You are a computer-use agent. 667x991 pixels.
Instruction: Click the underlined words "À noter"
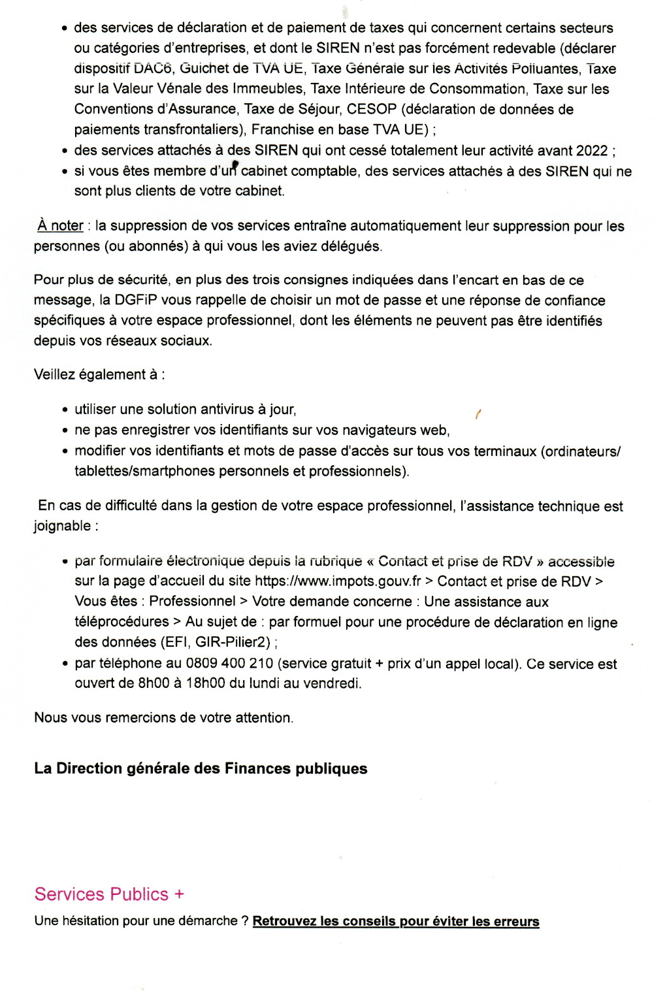[x=61, y=226]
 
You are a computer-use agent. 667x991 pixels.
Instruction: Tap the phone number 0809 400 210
[x=229, y=664]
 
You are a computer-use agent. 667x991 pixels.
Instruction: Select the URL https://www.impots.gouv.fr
[x=338, y=581]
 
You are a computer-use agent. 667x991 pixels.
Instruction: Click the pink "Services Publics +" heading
[x=109, y=894]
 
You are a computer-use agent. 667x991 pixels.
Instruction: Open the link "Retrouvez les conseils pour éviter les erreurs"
[x=396, y=921]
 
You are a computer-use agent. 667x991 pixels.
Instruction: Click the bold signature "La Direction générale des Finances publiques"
[x=201, y=769]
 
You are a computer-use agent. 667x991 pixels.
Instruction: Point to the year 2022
[x=592, y=151]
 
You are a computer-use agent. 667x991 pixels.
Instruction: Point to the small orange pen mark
[x=478, y=414]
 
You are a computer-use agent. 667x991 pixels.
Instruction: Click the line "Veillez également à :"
[x=99, y=375]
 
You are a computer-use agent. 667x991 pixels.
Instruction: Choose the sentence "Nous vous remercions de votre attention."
[x=164, y=718]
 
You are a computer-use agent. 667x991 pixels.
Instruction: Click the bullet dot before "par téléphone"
[x=65, y=664]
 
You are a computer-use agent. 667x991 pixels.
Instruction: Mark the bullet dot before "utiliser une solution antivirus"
[x=65, y=410]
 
